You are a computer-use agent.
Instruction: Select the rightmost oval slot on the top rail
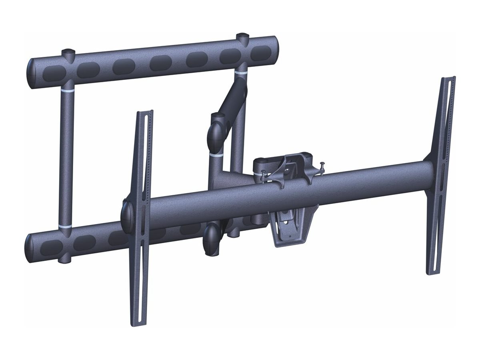coord(261,53)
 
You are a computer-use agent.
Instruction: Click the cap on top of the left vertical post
coord(68,52)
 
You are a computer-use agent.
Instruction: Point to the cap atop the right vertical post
coord(242,37)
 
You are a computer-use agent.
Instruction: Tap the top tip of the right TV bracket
coord(448,78)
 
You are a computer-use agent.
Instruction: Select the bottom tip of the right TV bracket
coord(432,273)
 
